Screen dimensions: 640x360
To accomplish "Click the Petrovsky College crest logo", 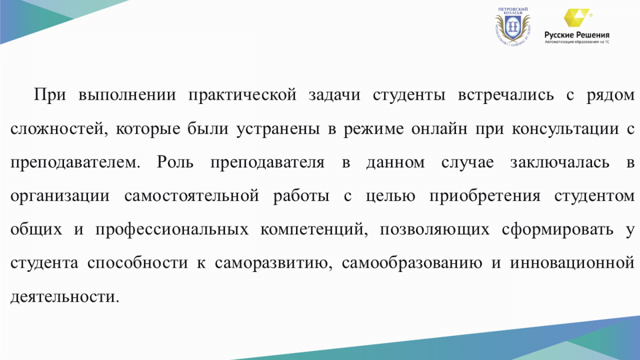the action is (x=513, y=27).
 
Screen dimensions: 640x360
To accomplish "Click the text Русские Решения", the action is (x=577, y=35).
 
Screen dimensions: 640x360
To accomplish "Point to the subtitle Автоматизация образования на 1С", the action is (x=577, y=42).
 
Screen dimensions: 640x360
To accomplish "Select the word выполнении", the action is (x=127, y=95).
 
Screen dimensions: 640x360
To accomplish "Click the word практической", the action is (x=242, y=95).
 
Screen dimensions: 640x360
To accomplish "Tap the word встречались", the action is (x=506, y=95).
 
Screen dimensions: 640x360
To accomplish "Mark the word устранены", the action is (x=278, y=129).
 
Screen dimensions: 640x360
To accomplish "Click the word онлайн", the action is (x=439, y=129).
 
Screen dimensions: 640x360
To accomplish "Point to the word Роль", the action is (x=175, y=162).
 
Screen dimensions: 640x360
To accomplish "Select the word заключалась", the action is (x=559, y=162).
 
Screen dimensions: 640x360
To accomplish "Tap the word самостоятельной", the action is (x=191, y=196).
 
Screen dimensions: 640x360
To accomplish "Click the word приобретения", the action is (x=485, y=196).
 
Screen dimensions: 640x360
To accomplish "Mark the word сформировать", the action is (x=557, y=229).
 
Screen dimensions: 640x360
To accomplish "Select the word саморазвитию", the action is (x=274, y=263).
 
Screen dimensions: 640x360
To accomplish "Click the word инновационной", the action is (x=572, y=263).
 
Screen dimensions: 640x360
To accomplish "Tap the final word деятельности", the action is (x=65, y=297).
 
